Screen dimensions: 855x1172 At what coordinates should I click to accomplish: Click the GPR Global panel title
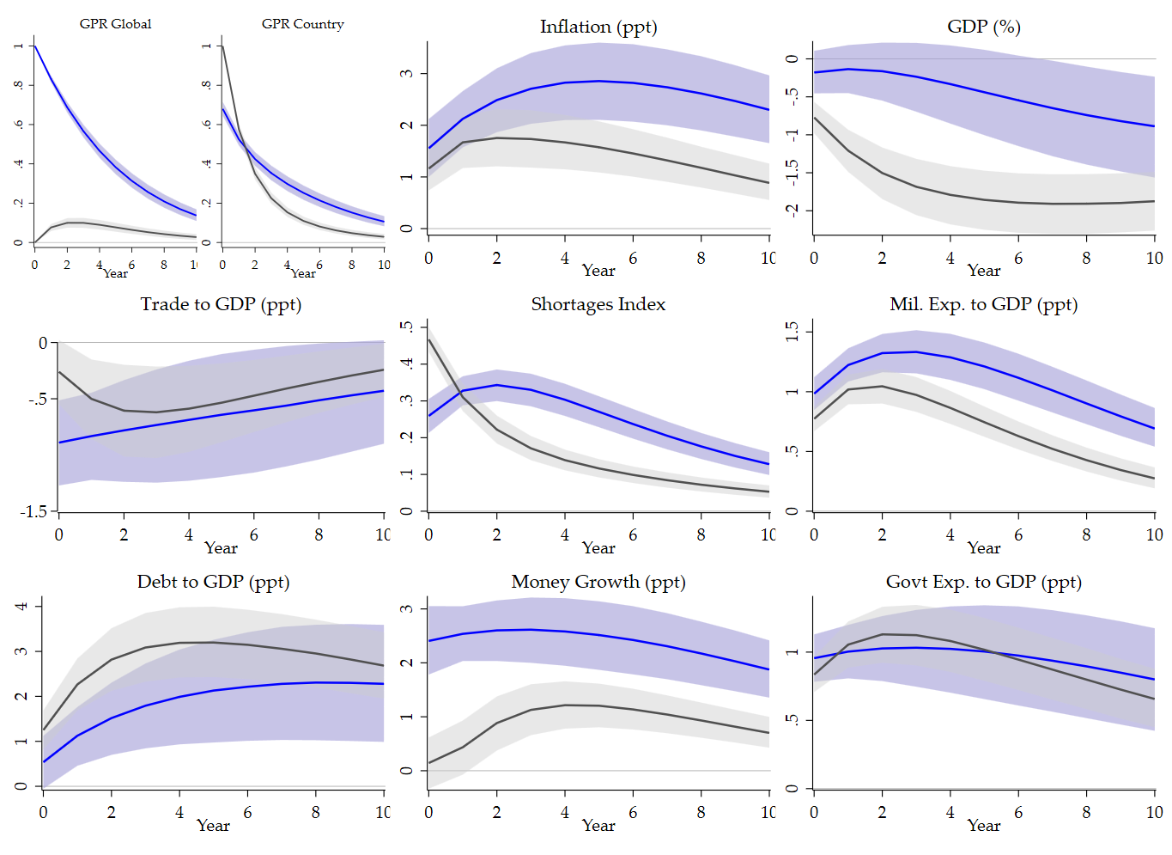(115, 24)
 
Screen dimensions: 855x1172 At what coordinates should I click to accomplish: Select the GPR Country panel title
(302, 24)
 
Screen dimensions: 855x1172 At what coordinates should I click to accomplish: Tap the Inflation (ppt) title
(598, 27)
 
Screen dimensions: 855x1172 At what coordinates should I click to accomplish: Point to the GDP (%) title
(983, 27)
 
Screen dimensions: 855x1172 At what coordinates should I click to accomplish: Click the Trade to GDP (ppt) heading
(221, 305)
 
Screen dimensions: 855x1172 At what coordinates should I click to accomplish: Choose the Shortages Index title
(598, 305)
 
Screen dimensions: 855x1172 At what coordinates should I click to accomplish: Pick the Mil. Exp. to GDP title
(983, 305)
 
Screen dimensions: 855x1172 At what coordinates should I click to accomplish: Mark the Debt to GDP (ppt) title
(213, 583)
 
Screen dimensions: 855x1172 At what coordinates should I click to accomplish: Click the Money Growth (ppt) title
(598, 583)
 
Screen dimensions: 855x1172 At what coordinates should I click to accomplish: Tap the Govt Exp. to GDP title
(983, 583)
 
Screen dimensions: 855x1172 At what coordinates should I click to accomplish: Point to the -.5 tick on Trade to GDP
(38, 400)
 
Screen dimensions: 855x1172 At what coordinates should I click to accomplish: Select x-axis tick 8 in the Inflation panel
(701, 258)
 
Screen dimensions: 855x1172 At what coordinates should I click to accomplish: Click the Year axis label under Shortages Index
(598, 548)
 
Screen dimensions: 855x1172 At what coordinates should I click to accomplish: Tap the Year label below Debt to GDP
(213, 826)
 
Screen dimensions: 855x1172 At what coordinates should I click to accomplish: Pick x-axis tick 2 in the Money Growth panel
(496, 812)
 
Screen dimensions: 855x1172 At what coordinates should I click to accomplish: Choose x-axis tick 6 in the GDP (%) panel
(1017, 258)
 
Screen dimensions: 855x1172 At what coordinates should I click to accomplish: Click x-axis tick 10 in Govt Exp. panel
(1154, 812)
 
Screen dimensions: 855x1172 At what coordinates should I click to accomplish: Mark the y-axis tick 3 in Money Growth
(407, 608)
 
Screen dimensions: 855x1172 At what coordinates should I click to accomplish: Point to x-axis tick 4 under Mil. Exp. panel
(950, 534)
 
